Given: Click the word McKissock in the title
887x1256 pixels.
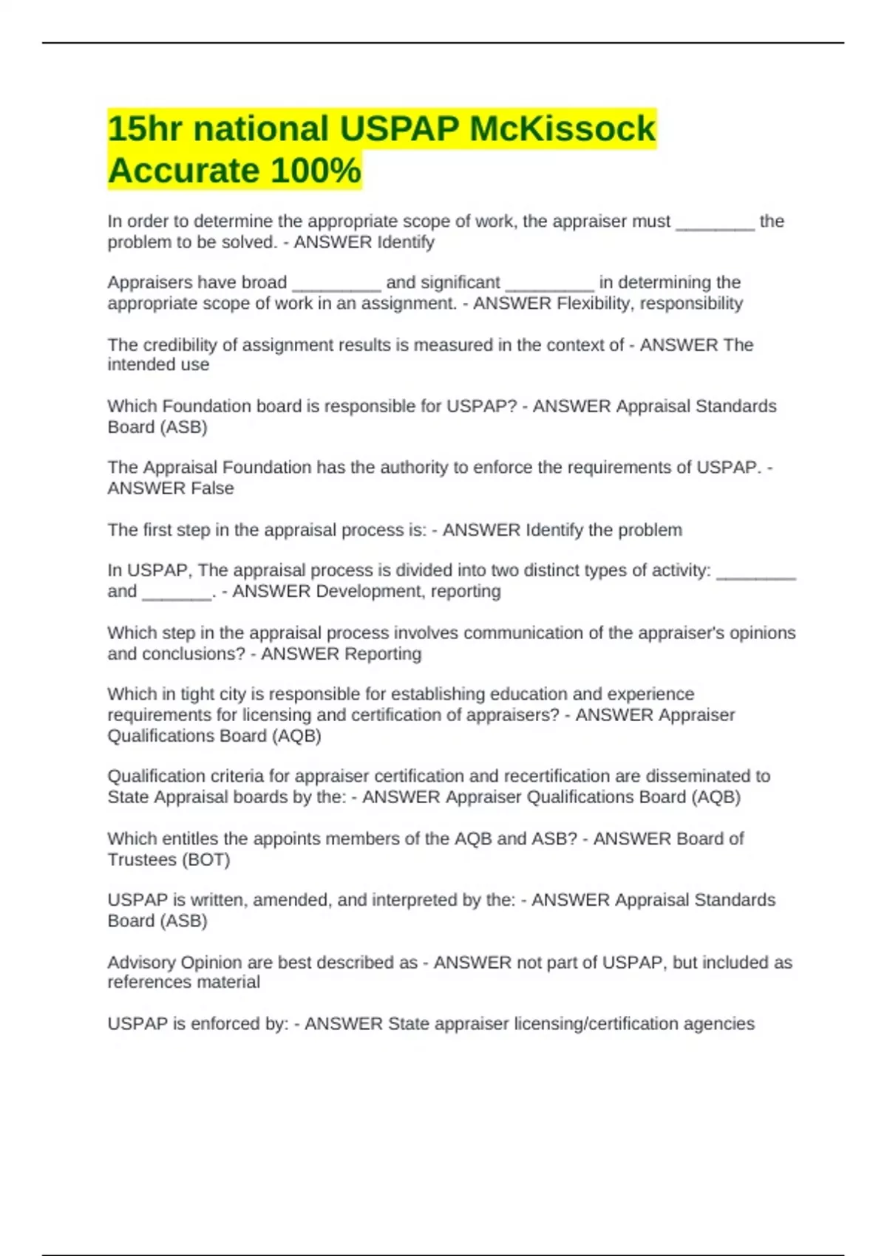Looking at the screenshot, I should point(563,129).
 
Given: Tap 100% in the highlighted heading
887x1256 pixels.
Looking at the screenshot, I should point(316,171).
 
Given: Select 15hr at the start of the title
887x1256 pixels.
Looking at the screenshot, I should point(145,129).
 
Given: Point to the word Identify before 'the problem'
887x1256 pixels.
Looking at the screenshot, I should point(554,530).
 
